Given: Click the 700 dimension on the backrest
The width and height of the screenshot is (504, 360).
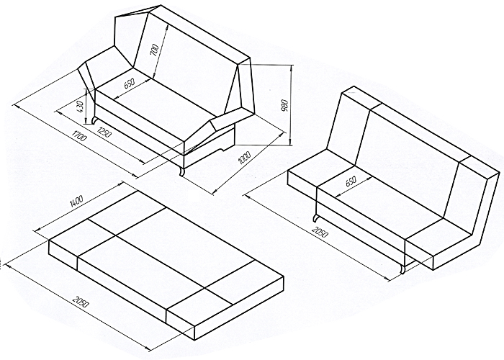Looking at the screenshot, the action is click(x=155, y=50).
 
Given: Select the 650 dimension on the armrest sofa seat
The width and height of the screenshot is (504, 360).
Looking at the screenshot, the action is click(x=129, y=84).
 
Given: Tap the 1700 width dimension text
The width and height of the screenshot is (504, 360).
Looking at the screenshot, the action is click(x=79, y=135).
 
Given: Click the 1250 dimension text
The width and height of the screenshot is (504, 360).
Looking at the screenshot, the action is click(x=104, y=131).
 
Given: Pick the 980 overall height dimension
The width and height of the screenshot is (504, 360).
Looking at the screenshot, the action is click(x=285, y=106).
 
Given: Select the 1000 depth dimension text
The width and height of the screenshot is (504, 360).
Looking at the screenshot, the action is click(x=244, y=158).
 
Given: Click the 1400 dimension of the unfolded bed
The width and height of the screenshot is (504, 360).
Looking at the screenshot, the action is click(x=76, y=201).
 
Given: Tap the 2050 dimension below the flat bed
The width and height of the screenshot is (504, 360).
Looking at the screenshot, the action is click(x=81, y=302).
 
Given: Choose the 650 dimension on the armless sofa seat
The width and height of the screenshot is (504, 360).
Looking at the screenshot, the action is click(x=351, y=182).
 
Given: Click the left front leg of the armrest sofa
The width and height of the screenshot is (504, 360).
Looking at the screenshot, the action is click(x=95, y=120).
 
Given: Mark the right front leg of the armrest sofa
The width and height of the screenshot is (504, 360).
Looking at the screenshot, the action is click(x=182, y=171).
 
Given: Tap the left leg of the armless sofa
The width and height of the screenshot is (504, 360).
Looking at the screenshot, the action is click(x=316, y=218).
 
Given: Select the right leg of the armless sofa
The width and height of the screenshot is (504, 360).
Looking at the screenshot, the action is click(x=402, y=269).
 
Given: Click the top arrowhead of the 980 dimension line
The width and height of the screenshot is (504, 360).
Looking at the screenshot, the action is click(x=292, y=67).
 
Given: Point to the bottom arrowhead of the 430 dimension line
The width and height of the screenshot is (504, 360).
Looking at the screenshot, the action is click(x=86, y=122).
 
